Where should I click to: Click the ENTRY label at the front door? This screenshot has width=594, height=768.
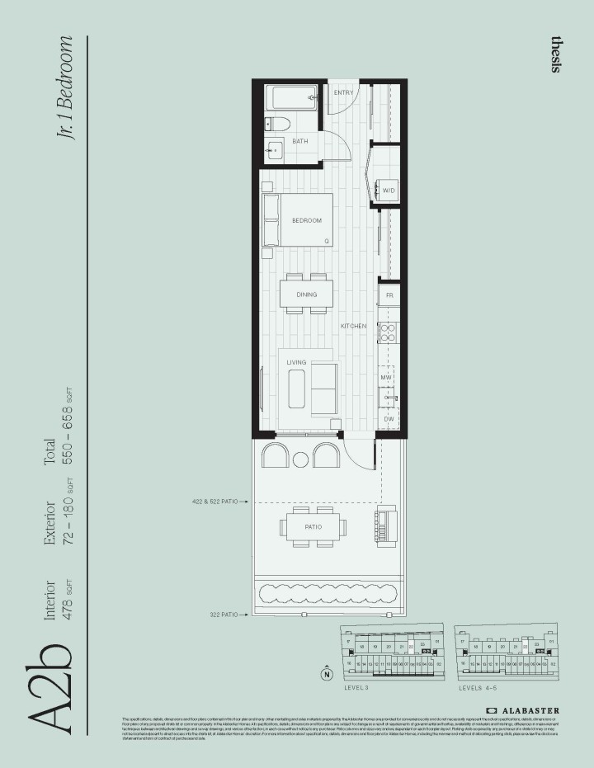pyautogui.click(x=343, y=92)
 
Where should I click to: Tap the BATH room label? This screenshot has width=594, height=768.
pyautogui.click(x=299, y=141)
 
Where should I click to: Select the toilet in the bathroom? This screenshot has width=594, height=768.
pyautogui.click(x=276, y=125)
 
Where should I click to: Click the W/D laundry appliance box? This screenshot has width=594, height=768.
pyautogui.click(x=389, y=191)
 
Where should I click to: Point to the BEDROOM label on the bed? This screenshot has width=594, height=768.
pyautogui.click(x=307, y=220)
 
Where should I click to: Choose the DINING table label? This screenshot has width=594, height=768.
pyautogui.click(x=306, y=295)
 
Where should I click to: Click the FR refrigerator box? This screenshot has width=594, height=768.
pyautogui.click(x=389, y=294)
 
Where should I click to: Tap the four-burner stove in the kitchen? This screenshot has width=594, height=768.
pyautogui.click(x=388, y=332)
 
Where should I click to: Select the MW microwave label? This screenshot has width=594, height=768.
pyautogui.click(x=385, y=377)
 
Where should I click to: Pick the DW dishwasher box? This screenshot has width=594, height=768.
pyautogui.click(x=389, y=419)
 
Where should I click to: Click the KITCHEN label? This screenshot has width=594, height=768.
pyautogui.click(x=354, y=327)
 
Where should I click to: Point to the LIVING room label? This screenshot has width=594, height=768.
pyautogui.click(x=296, y=363)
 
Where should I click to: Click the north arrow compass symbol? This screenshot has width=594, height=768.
pyautogui.click(x=327, y=673)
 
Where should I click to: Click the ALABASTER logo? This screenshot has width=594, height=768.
pyautogui.click(x=522, y=709)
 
